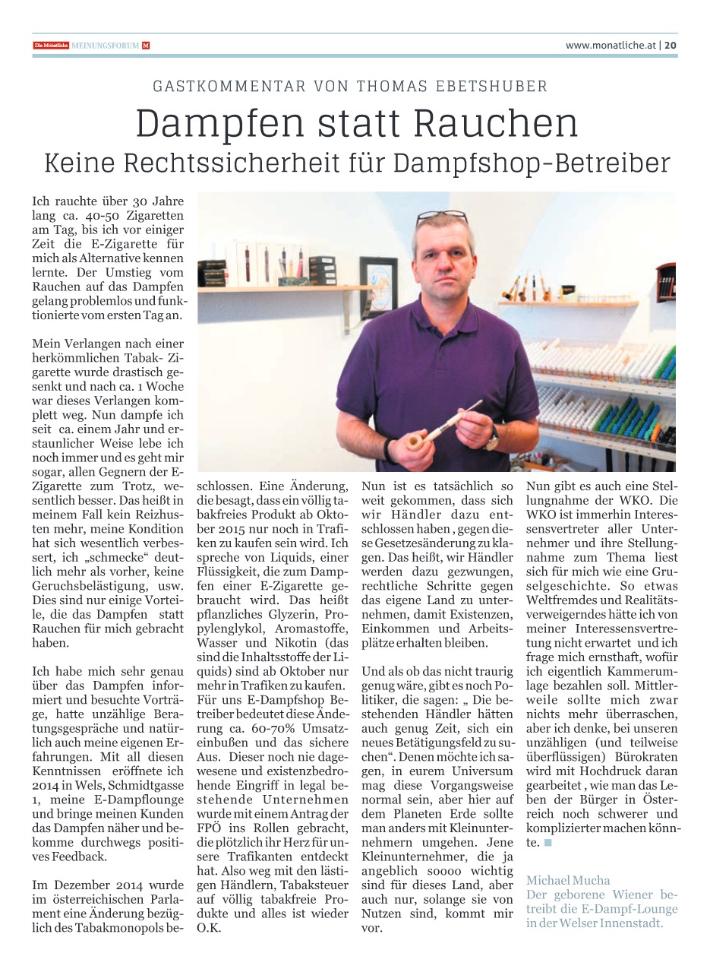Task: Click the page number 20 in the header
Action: click(671, 46)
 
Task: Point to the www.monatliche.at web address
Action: click(611, 46)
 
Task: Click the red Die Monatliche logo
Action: click(51, 46)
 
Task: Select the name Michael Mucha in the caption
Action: click(568, 880)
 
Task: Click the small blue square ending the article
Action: click(547, 843)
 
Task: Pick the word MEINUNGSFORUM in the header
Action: click(106, 46)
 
